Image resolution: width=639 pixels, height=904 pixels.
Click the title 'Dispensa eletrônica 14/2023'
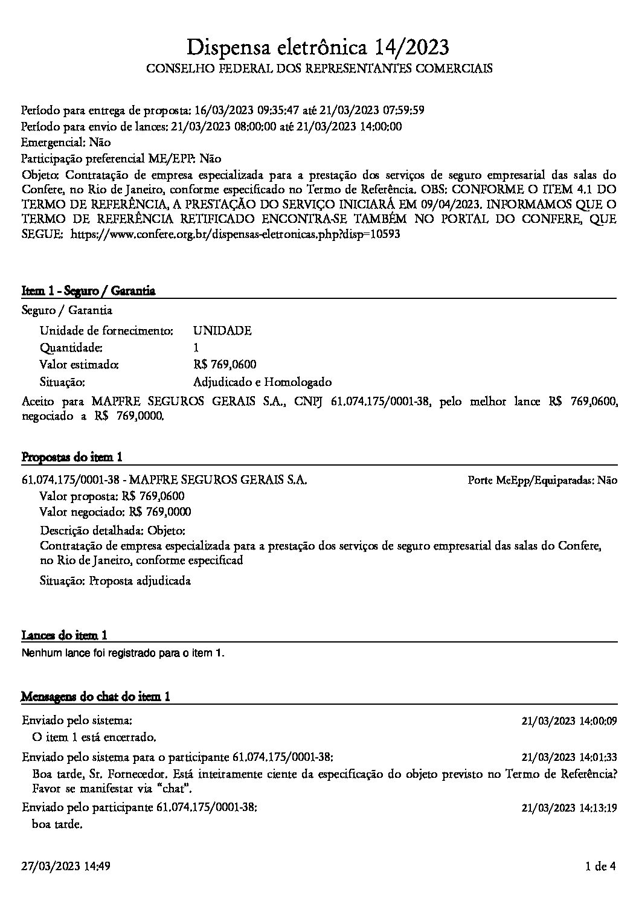(319, 46)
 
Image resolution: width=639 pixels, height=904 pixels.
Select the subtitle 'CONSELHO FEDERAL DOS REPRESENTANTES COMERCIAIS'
(319, 69)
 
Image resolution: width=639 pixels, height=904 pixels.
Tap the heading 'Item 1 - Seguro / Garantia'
(88, 291)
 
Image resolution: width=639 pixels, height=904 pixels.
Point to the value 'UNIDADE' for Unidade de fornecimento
(222, 331)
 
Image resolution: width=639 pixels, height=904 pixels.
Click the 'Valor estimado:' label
(79, 365)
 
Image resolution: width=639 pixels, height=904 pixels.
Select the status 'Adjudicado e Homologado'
(262, 382)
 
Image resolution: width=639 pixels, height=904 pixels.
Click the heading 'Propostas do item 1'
(72, 457)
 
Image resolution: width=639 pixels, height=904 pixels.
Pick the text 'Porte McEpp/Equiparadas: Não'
(542, 481)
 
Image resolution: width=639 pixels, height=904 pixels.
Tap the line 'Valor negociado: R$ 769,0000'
(115, 512)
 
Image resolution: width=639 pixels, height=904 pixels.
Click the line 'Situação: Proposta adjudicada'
(115, 581)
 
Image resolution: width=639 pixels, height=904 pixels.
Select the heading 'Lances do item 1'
(65, 635)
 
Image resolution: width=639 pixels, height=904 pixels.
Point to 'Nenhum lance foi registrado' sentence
(123, 653)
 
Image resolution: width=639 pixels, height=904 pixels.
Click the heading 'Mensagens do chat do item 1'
(95, 697)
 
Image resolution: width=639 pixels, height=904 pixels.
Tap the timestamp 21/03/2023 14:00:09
(569, 721)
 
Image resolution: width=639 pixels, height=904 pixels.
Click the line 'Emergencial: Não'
(66, 143)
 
